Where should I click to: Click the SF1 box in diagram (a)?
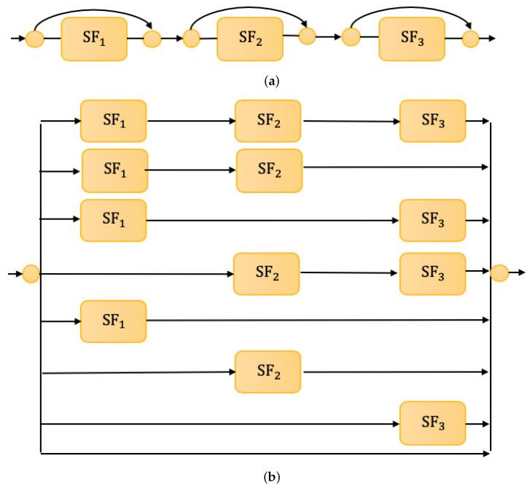[x=94, y=39]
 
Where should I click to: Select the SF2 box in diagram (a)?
[x=249, y=38]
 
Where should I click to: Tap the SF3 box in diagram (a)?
[x=411, y=38]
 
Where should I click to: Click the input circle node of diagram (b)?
[x=31, y=274]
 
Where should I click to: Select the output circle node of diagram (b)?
[x=499, y=273]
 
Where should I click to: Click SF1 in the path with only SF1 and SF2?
[x=114, y=170]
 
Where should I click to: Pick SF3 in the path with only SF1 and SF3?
[x=432, y=220]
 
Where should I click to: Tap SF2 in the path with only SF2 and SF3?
[x=266, y=273]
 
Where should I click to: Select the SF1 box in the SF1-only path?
[x=113, y=321]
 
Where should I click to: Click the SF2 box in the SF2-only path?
[x=268, y=371]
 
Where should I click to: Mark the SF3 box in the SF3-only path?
[x=432, y=422]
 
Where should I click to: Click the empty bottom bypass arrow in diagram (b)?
[x=262, y=454]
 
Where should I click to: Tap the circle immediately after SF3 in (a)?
[x=471, y=38]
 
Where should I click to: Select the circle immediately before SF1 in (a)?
[x=34, y=39]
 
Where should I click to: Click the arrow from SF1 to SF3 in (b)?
[x=273, y=220]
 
